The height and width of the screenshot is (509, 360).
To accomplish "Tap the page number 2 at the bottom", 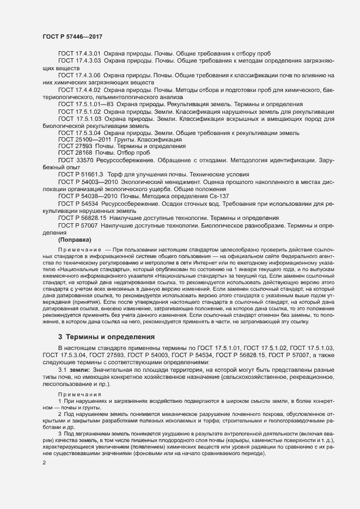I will (44, 463).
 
